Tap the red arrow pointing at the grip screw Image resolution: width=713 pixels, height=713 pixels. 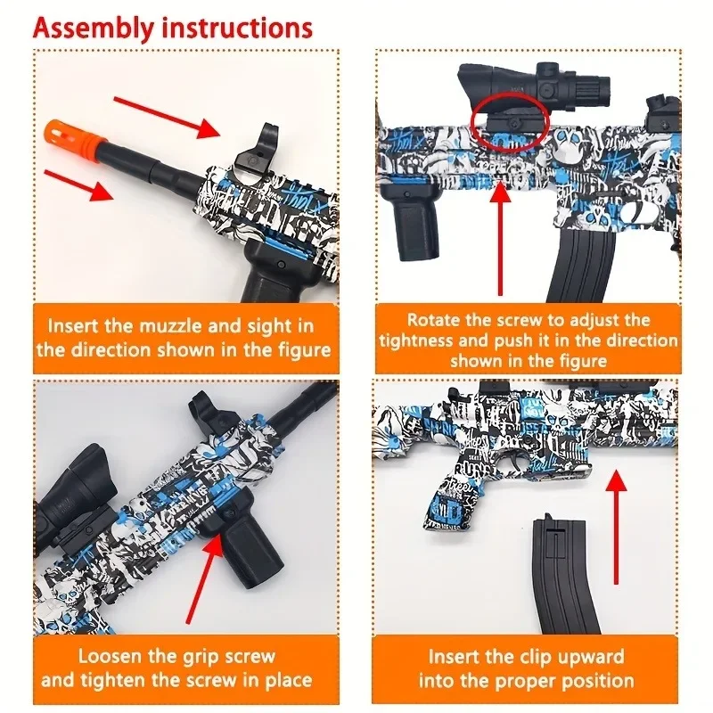click(201, 579)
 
